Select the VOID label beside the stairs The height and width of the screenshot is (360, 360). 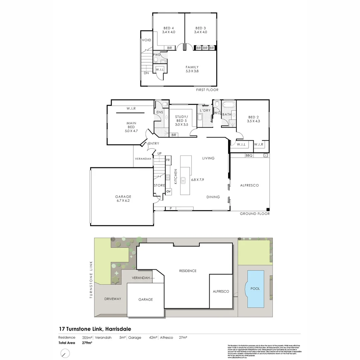coord(147,40)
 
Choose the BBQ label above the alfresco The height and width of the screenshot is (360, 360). coord(249,156)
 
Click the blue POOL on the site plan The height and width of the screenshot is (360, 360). coord(255,289)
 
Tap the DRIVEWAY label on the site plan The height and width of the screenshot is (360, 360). coord(113,299)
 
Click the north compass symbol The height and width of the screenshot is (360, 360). coord(65,353)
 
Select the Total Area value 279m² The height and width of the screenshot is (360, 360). coord(87,343)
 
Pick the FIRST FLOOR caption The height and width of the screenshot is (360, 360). coord(207,90)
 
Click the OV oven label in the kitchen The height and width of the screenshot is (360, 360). coord(168,191)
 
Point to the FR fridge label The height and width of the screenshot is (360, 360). coord(168,160)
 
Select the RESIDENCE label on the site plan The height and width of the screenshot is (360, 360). coord(188,271)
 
